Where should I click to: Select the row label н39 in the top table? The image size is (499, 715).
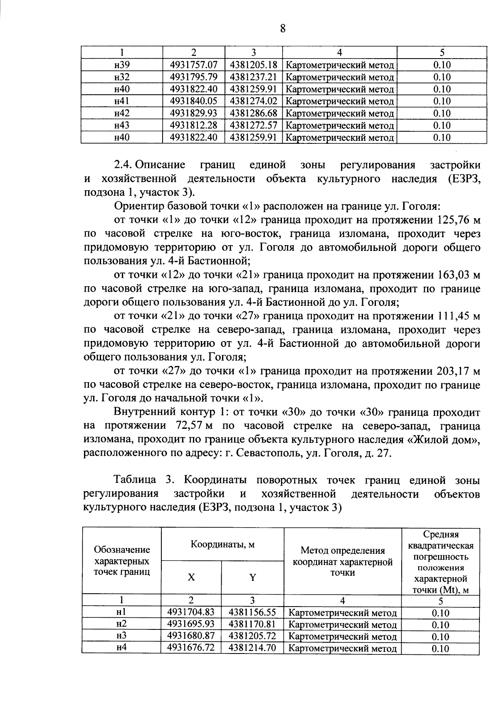coord(122,65)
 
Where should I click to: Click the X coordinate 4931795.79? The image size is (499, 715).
coord(194,77)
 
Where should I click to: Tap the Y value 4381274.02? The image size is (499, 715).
coord(253,101)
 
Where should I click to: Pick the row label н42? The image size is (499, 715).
coord(122,113)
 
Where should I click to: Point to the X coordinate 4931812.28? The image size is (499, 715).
coord(194,125)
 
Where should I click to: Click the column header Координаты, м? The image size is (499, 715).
coord(222,544)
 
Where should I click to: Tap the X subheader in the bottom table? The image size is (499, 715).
coord(191,577)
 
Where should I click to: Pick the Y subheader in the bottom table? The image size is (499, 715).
coord(252,577)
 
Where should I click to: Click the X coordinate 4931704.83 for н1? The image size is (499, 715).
coord(191,612)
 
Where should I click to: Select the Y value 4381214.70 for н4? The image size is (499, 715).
coord(252,648)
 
